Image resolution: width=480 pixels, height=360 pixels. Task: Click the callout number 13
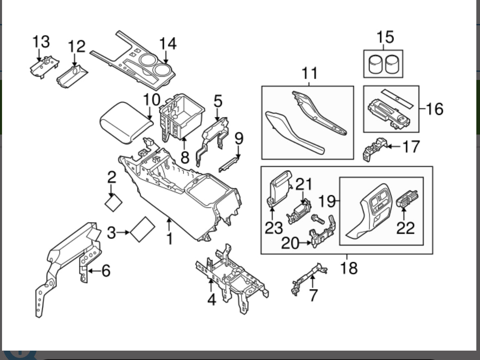point(41,42)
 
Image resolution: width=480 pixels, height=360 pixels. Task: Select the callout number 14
point(167,43)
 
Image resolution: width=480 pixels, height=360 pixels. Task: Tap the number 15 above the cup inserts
point(385,37)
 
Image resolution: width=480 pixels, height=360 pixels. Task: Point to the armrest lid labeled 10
point(126,121)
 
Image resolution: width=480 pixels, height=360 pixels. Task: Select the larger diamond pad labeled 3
point(142,229)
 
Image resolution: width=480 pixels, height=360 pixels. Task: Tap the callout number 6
point(106,270)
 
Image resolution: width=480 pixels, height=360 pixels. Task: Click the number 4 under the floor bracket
point(211,300)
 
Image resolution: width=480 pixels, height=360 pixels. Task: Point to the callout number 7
point(313,295)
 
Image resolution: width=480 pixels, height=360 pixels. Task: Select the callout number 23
point(274,227)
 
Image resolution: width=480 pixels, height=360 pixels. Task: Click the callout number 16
point(434,109)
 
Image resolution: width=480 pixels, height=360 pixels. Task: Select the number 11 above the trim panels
point(310,74)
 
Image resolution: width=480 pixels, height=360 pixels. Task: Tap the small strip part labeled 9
point(231,164)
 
